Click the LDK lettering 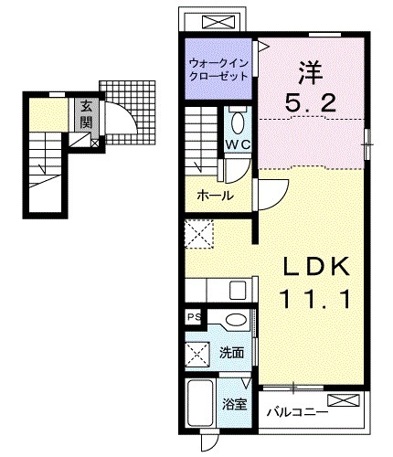click(x=316, y=267)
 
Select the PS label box click(x=193, y=317)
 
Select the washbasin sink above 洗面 click(x=237, y=321)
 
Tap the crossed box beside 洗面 click(x=198, y=352)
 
